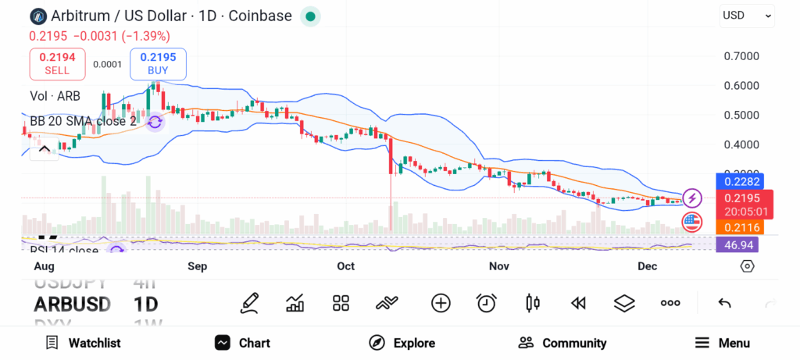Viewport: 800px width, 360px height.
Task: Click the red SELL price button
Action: coord(57,63)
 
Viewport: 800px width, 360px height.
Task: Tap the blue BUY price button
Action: coord(158,63)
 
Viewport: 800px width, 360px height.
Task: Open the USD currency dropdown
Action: coord(747,15)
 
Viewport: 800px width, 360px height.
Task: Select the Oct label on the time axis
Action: coord(345,266)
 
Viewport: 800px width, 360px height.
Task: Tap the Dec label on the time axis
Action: coord(647,266)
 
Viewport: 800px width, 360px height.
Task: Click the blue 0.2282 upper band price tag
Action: coord(737,182)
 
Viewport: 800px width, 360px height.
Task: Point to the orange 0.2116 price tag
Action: coord(737,227)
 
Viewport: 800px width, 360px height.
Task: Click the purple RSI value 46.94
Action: coord(737,245)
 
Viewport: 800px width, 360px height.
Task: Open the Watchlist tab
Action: coord(83,343)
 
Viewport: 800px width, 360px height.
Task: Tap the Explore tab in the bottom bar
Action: coord(402,343)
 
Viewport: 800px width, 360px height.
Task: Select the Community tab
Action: coord(562,343)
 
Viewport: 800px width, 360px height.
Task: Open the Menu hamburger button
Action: coord(722,343)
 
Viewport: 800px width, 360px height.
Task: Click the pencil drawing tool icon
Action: coord(249,303)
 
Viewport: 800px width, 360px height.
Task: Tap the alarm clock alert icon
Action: coord(487,303)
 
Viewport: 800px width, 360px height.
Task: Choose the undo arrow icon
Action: coord(724,303)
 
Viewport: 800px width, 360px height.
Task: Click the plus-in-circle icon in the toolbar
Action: coord(441,303)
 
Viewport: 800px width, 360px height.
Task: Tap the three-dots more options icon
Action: coord(670,303)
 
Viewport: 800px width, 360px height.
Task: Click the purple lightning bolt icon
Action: coord(692,198)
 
